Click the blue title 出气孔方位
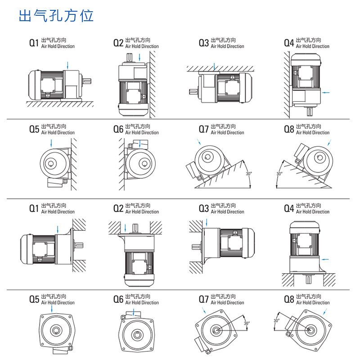56,16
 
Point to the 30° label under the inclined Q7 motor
248,174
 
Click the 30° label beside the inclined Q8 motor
279,174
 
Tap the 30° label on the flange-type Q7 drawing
246,323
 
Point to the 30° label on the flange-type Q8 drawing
276,320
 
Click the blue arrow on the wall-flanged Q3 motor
207,222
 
